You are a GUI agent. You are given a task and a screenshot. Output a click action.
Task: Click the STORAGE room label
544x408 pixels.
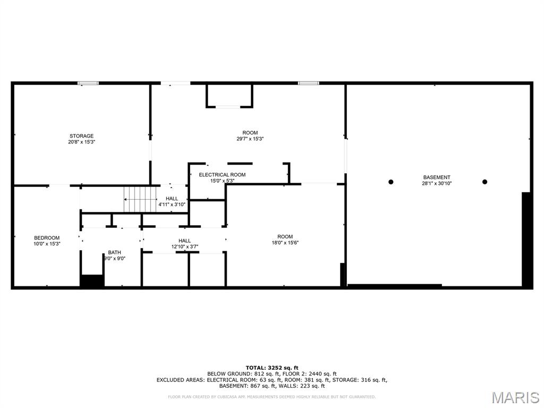pos(81,136)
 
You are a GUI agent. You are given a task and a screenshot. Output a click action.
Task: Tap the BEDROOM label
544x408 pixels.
pos(47,237)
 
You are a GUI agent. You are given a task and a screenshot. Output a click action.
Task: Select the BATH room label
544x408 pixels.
pos(115,252)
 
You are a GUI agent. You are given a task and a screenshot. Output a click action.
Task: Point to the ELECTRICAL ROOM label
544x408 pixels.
pos(222,174)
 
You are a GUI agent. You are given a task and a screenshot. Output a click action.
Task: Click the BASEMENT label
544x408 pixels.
pos(437,177)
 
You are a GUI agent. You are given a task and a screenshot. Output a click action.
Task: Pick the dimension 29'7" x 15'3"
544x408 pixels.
pos(250,139)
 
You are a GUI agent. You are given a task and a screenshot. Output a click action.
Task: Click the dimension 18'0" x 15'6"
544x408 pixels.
pos(285,243)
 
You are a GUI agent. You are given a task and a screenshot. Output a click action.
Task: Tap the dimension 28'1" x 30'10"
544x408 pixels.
pos(437,183)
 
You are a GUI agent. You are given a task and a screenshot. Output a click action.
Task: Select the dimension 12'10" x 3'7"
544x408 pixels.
pos(184,246)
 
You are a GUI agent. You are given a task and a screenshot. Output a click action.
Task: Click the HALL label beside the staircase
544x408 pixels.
pos(172,199)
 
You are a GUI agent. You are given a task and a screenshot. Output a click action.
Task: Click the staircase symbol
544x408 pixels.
pos(140,199)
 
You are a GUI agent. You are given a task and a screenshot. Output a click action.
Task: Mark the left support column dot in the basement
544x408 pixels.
pos(390,182)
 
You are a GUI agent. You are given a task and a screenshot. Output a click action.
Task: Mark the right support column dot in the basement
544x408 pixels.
pos(484,182)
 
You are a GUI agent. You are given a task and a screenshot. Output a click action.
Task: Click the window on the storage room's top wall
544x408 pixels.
pos(88,83)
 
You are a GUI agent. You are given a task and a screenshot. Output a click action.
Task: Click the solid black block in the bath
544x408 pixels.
pos(92,280)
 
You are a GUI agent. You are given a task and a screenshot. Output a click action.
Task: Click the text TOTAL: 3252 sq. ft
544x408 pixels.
pos(272,368)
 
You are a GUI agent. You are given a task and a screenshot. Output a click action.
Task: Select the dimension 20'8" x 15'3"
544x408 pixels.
pos(81,142)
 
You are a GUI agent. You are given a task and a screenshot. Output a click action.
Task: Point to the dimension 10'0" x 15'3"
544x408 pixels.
pos(47,244)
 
